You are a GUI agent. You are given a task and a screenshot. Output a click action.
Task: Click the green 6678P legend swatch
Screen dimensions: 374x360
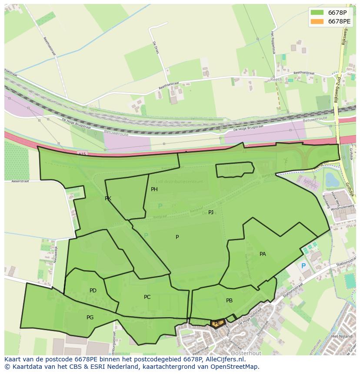(x=317, y=12)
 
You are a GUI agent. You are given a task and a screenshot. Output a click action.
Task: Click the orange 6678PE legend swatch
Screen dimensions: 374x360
(x=317, y=21)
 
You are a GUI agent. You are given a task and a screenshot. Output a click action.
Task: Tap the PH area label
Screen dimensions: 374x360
(x=154, y=189)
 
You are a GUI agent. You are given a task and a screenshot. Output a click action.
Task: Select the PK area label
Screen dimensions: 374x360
(x=108, y=199)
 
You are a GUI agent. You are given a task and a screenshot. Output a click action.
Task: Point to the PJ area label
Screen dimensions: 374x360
(x=211, y=212)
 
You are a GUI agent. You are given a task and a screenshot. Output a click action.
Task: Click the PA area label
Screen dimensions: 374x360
(x=263, y=254)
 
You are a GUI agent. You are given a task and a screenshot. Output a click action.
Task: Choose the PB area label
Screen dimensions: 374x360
(x=229, y=301)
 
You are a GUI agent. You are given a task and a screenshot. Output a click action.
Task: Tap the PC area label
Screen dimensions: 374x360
(x=147, y=297)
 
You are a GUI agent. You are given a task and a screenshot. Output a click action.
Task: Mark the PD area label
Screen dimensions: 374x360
(x=93, y=291)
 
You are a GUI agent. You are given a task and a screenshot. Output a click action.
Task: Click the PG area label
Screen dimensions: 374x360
(x=90, y=318)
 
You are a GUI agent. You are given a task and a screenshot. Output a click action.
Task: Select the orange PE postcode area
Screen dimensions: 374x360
(x=217, y=323)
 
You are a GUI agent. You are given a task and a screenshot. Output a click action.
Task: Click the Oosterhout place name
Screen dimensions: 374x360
(x=242, y=353)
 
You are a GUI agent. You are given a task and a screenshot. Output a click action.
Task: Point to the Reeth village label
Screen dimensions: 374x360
(x=276, y=80)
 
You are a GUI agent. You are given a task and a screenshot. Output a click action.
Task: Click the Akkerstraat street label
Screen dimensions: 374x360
(x=20, y=181)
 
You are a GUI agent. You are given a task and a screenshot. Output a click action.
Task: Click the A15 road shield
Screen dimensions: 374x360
(x=83, y=154)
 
